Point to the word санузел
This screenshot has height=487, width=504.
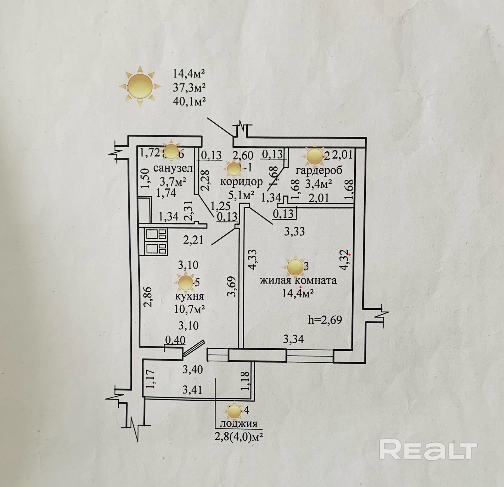[173, 168]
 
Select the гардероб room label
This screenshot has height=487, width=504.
[319, 171]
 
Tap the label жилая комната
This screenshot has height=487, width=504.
[298, 280]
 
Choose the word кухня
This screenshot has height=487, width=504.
[189, 296]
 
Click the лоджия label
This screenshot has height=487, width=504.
[239, 424]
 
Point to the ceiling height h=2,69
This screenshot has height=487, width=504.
[325, 319]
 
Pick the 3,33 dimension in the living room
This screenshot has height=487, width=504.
[294, 232]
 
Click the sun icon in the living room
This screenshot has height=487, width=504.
[295, 267]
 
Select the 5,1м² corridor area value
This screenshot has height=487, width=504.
[241, 195]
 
